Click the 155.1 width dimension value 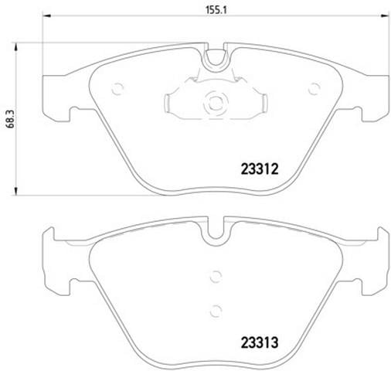click(x=216, y=10)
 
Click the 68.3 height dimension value click(x=11, y=118)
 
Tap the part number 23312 click(x=260, y=169)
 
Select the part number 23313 click(x=260, y=342)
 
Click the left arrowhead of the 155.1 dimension click(x=46, y=16)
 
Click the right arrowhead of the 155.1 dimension click(x=385, y=16)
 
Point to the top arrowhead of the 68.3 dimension click(x=16, y=47)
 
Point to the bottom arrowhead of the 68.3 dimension click(x=16, y=191)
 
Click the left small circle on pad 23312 click(x=117, y=89)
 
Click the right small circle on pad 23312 click(x=314, y=89)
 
